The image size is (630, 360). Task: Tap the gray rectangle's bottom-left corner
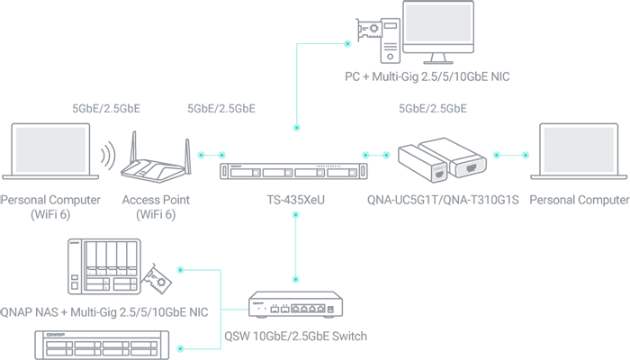[x=57, y=108]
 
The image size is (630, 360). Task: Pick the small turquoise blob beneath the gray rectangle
[x=214, y=150]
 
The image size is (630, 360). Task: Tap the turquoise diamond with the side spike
[x=297, y=247]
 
